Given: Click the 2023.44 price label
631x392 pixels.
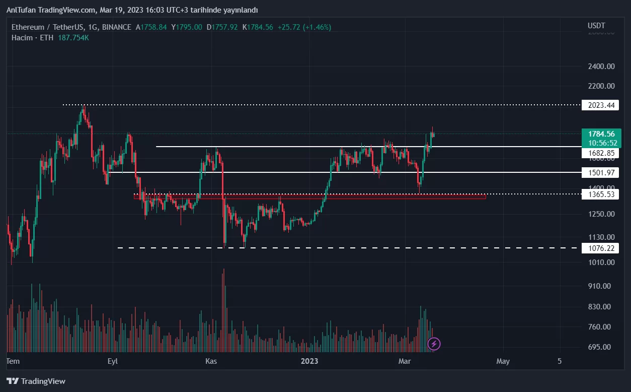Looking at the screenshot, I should click(x=600, y=105).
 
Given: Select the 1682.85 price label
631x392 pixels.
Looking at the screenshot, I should click(x=600, y=153).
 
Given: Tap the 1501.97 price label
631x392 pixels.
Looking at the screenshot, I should click(x=600, y=173).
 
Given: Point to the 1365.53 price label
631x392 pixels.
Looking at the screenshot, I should click(x=600, y=194).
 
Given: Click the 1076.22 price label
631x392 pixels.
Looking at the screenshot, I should click(x=600, y=248).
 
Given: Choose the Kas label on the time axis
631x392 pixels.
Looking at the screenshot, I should click(x=211, y=361).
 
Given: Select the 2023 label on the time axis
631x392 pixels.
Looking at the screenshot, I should click(x=309, y=361).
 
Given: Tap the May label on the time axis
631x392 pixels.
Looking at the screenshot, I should click(x=503, y=361).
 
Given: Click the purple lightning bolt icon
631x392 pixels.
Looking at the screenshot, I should click(x=434, y=344).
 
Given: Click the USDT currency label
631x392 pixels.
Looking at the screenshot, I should click(x=596, y=26).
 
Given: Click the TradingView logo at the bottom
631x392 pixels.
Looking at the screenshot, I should click(x=36, y=381).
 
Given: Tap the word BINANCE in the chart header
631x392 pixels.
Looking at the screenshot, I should click(x=116, y=27).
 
